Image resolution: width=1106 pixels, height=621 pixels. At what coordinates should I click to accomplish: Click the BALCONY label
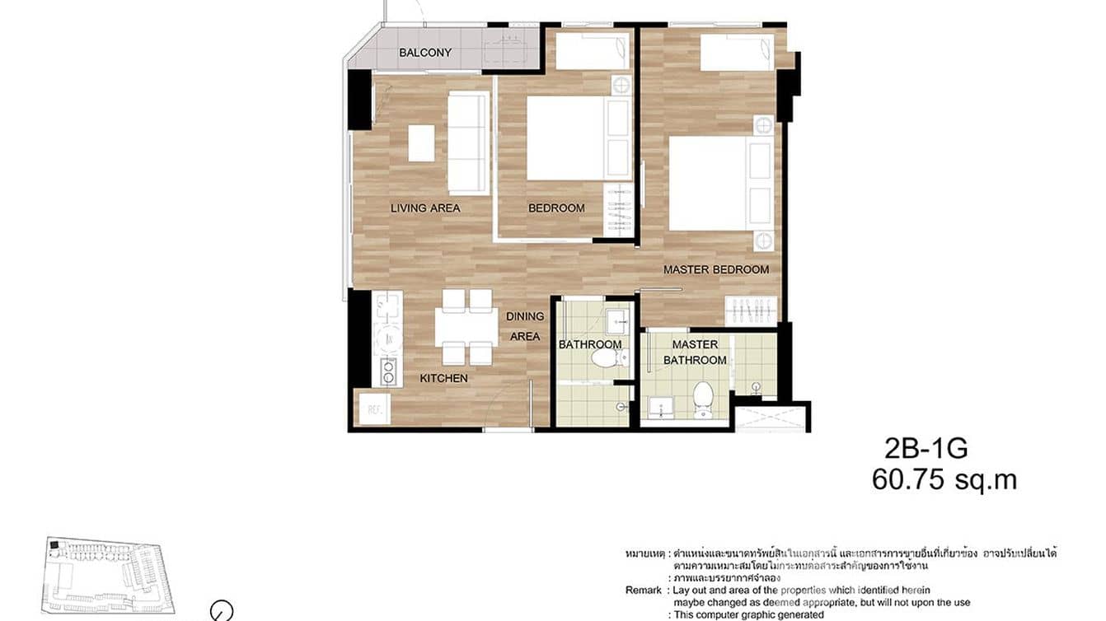(425, 53)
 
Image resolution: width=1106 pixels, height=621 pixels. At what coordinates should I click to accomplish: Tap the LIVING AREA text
(425, 208)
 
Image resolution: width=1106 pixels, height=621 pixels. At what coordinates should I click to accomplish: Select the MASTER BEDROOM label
(716, 269)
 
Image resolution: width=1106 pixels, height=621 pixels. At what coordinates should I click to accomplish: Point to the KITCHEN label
(443, 379)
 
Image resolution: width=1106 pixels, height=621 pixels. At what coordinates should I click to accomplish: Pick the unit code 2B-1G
(926, 449)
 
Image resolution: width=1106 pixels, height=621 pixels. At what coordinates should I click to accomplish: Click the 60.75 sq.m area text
(944, 480)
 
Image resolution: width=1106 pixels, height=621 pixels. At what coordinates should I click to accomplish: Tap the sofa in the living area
(468, 142)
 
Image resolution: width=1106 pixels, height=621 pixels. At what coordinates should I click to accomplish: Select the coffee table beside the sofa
(421, 142)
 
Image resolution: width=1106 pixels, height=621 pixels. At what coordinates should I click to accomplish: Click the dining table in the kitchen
(466, 327)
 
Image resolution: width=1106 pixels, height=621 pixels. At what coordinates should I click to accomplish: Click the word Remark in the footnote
(643, 591)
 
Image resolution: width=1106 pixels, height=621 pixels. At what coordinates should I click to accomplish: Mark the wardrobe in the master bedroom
(750, 310)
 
